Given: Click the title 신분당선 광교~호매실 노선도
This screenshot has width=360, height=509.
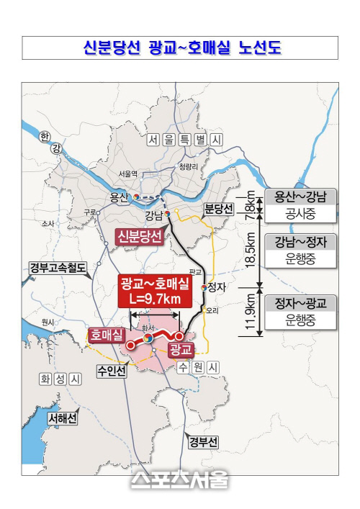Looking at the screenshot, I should point(180,48).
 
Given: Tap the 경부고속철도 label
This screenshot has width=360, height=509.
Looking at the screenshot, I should point(58,269).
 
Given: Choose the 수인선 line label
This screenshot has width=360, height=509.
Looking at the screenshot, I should point(112,371).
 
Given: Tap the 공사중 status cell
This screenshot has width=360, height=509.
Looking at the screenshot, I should point(300,214).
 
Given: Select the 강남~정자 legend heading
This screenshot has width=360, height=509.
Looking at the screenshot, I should point(300,242).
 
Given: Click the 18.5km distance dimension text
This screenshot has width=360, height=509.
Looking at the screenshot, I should point(250,253).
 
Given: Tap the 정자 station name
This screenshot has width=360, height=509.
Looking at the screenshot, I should point(217,287).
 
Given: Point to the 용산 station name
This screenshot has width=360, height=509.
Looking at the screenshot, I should point(119,197).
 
